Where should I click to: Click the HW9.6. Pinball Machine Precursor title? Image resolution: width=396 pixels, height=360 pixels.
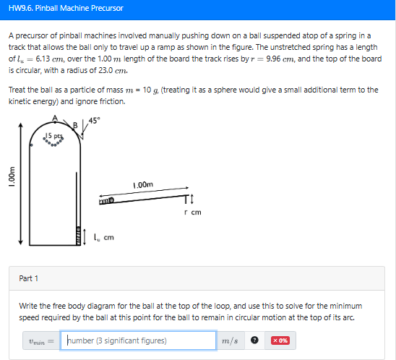pos(66,9)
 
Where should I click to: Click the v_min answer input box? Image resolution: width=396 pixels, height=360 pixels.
pos(138,340)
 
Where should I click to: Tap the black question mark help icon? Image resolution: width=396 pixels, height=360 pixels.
pos(254,340)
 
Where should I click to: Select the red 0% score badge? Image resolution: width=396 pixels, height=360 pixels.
pos(280,340)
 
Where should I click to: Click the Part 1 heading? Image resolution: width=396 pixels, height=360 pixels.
pos(28,278)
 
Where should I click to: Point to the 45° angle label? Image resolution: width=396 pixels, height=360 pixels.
pos(94,121)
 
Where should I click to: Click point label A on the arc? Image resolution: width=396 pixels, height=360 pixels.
pos(55,118)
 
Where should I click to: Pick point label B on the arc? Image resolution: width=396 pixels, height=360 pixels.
pos(75,125)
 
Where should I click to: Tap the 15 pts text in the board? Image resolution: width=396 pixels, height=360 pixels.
pos(53,136)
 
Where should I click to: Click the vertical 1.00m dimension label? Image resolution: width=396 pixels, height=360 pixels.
pos(12,176)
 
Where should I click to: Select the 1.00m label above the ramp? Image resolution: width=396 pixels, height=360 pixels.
pos(143,184)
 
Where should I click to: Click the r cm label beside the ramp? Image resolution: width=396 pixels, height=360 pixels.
pos(193,213)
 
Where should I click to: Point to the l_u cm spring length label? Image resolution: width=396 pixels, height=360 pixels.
pos(104,238)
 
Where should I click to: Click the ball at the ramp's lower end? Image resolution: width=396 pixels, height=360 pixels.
pos(111,200)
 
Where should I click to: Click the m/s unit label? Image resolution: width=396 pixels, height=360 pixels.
pos(230,340)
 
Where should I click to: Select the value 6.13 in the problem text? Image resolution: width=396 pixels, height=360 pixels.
pos(43,59)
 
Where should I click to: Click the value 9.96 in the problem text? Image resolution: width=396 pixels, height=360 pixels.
pos(273,59)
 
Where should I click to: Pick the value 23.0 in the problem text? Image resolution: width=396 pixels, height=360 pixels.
pos(106,70)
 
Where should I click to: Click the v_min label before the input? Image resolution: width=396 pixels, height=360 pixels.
pos(37,341)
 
